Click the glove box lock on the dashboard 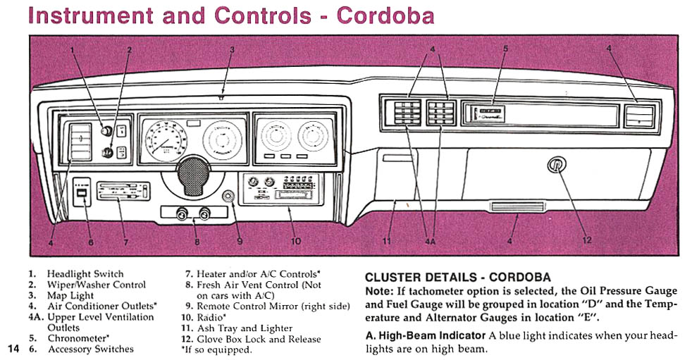(555, 166)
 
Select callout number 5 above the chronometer (505, 49)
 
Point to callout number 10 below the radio (296, 241)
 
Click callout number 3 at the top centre (232, 49)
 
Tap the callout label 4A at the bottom (430, 241)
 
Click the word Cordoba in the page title (384, 15)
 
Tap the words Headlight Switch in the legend (85, 274)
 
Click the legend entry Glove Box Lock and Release (255, 339)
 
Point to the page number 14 (13, 349)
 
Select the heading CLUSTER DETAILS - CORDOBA (457, 278)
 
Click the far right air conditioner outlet (640, 115)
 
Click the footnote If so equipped (216, 349)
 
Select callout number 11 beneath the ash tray (387, 241)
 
